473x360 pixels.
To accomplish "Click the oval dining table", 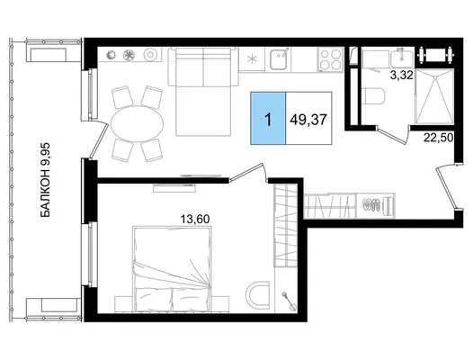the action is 138,123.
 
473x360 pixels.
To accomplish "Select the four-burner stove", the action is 331,59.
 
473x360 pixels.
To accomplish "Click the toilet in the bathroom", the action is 373,95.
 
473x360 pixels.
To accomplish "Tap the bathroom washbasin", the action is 402,58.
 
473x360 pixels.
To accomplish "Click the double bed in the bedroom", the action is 173,268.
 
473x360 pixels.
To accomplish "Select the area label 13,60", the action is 195,219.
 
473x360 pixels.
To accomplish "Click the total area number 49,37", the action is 308,120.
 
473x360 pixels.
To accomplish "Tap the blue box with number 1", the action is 268,118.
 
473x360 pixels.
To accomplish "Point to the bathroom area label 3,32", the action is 401,75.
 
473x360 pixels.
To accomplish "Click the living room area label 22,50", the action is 439,138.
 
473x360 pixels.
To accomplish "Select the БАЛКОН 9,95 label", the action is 46,180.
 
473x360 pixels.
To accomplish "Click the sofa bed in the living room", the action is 203,91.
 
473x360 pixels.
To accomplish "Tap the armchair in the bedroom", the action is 257,294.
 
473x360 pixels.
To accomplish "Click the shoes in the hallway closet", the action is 370,204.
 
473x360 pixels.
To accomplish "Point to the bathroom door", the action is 393,134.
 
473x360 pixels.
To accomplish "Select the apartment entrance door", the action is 447,187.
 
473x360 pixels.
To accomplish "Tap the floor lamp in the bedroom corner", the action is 289,301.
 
